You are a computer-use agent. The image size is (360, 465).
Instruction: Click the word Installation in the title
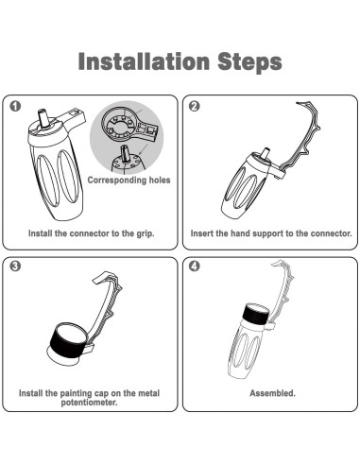tap(144, 61)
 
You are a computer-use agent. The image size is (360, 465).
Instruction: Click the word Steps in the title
tap(249, 62)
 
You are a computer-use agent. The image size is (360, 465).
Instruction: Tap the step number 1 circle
tap(15, 106)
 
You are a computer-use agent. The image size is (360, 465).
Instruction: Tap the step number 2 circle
tap(195, 106)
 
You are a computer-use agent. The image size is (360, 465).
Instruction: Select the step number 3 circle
tap(15, 267)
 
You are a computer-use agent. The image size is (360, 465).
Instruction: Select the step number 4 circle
tap(195, 267)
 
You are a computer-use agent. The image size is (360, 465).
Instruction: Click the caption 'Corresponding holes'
tap(129, 181)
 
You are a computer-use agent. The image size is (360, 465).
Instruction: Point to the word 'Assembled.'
tap(272, 393)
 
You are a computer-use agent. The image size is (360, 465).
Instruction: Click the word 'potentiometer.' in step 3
tap(90, 403)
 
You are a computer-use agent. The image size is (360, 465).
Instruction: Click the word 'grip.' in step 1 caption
tap(146, 233)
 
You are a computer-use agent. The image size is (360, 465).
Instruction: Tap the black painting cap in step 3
tap(68, 342)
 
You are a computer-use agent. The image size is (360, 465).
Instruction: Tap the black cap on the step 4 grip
tap(256, 315)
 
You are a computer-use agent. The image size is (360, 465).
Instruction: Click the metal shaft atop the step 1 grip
tap(43, 118)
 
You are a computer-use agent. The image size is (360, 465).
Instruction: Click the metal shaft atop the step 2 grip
tap(266, 153)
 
